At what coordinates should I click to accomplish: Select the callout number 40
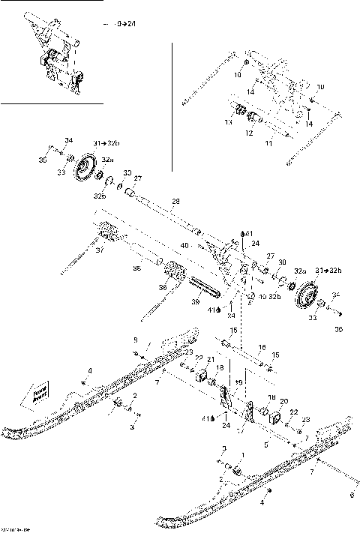click(x=184, y=244)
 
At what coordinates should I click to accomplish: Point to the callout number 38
click(x=136, y=268)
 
